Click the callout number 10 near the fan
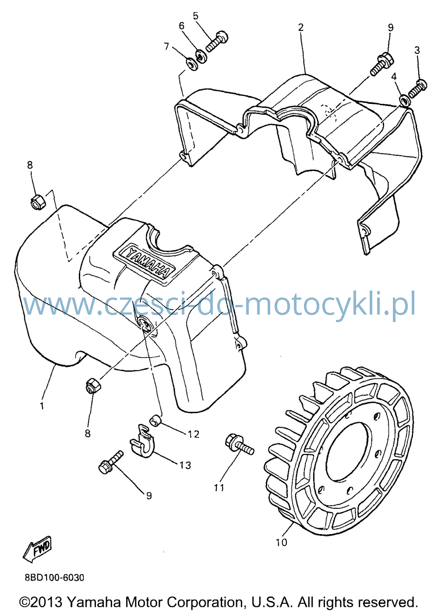click(282, 542)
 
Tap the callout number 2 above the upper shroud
click(300, 27)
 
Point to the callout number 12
click(194, 434)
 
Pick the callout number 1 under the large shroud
click(42, 406)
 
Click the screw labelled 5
click(216, 41)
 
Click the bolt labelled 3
click(417, 88)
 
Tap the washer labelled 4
click(405, 100)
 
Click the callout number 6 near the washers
click(181, 26)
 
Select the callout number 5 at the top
click(195, 16)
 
